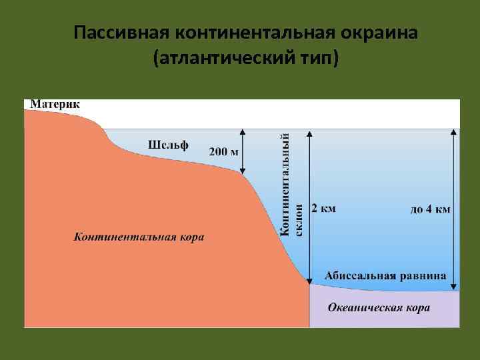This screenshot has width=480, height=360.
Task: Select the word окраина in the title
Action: [379, 33]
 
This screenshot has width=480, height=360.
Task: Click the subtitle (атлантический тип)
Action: [245, 60]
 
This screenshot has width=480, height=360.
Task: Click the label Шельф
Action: [167, 143]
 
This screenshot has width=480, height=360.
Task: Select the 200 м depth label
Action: [224, 152]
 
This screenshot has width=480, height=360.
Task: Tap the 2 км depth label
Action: [324, 208]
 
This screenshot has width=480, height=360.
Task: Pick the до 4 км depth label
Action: [430, 209]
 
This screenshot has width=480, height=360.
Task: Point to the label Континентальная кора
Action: [139, 237]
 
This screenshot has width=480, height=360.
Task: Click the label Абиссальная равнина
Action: [385, 275]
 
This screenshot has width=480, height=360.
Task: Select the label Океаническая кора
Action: [379, 307]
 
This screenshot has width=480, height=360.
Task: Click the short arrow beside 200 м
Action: [243, 151]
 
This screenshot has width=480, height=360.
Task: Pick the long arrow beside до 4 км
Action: [455, 207]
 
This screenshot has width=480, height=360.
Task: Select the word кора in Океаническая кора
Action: [417, 307]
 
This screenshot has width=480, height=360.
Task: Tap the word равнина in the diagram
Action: [423, 275]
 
